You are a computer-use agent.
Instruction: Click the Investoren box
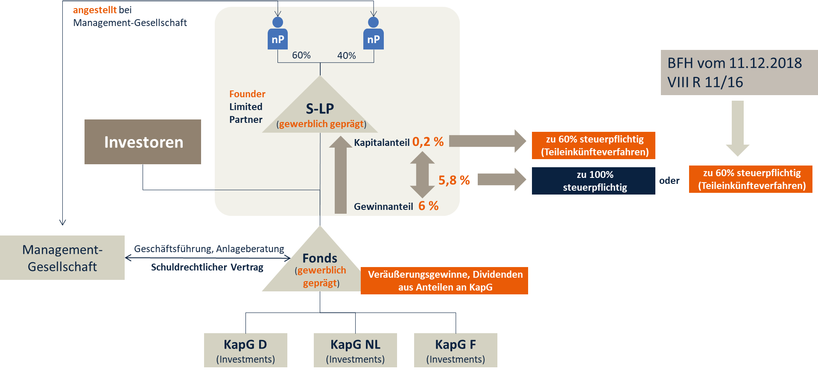point(143,142)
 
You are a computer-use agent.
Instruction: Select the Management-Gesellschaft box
point(62,258)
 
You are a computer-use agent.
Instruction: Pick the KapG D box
point(245,350)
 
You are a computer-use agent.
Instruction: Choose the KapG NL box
point(355,350)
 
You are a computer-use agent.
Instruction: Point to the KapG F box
point(456,350)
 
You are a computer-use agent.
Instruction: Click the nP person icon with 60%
point(278,34)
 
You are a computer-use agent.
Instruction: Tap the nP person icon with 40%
point(373,34)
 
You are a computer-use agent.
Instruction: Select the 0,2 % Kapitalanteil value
point(428,142)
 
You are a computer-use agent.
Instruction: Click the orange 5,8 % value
point(454,180)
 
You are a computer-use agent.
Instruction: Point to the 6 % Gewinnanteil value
point(428,206)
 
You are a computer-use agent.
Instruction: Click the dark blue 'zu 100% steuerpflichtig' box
point(593,181)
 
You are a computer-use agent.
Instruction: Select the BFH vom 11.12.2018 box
point(739,73)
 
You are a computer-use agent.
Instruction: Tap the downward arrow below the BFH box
point(737,128)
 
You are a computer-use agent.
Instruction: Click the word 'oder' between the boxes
point(669,180)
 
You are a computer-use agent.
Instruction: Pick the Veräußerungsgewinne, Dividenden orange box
point(444,281)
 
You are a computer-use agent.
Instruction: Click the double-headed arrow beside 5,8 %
point(422,174)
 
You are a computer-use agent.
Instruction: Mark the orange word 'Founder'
point(247,94)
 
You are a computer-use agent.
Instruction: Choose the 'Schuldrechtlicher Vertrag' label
point(207,267)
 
